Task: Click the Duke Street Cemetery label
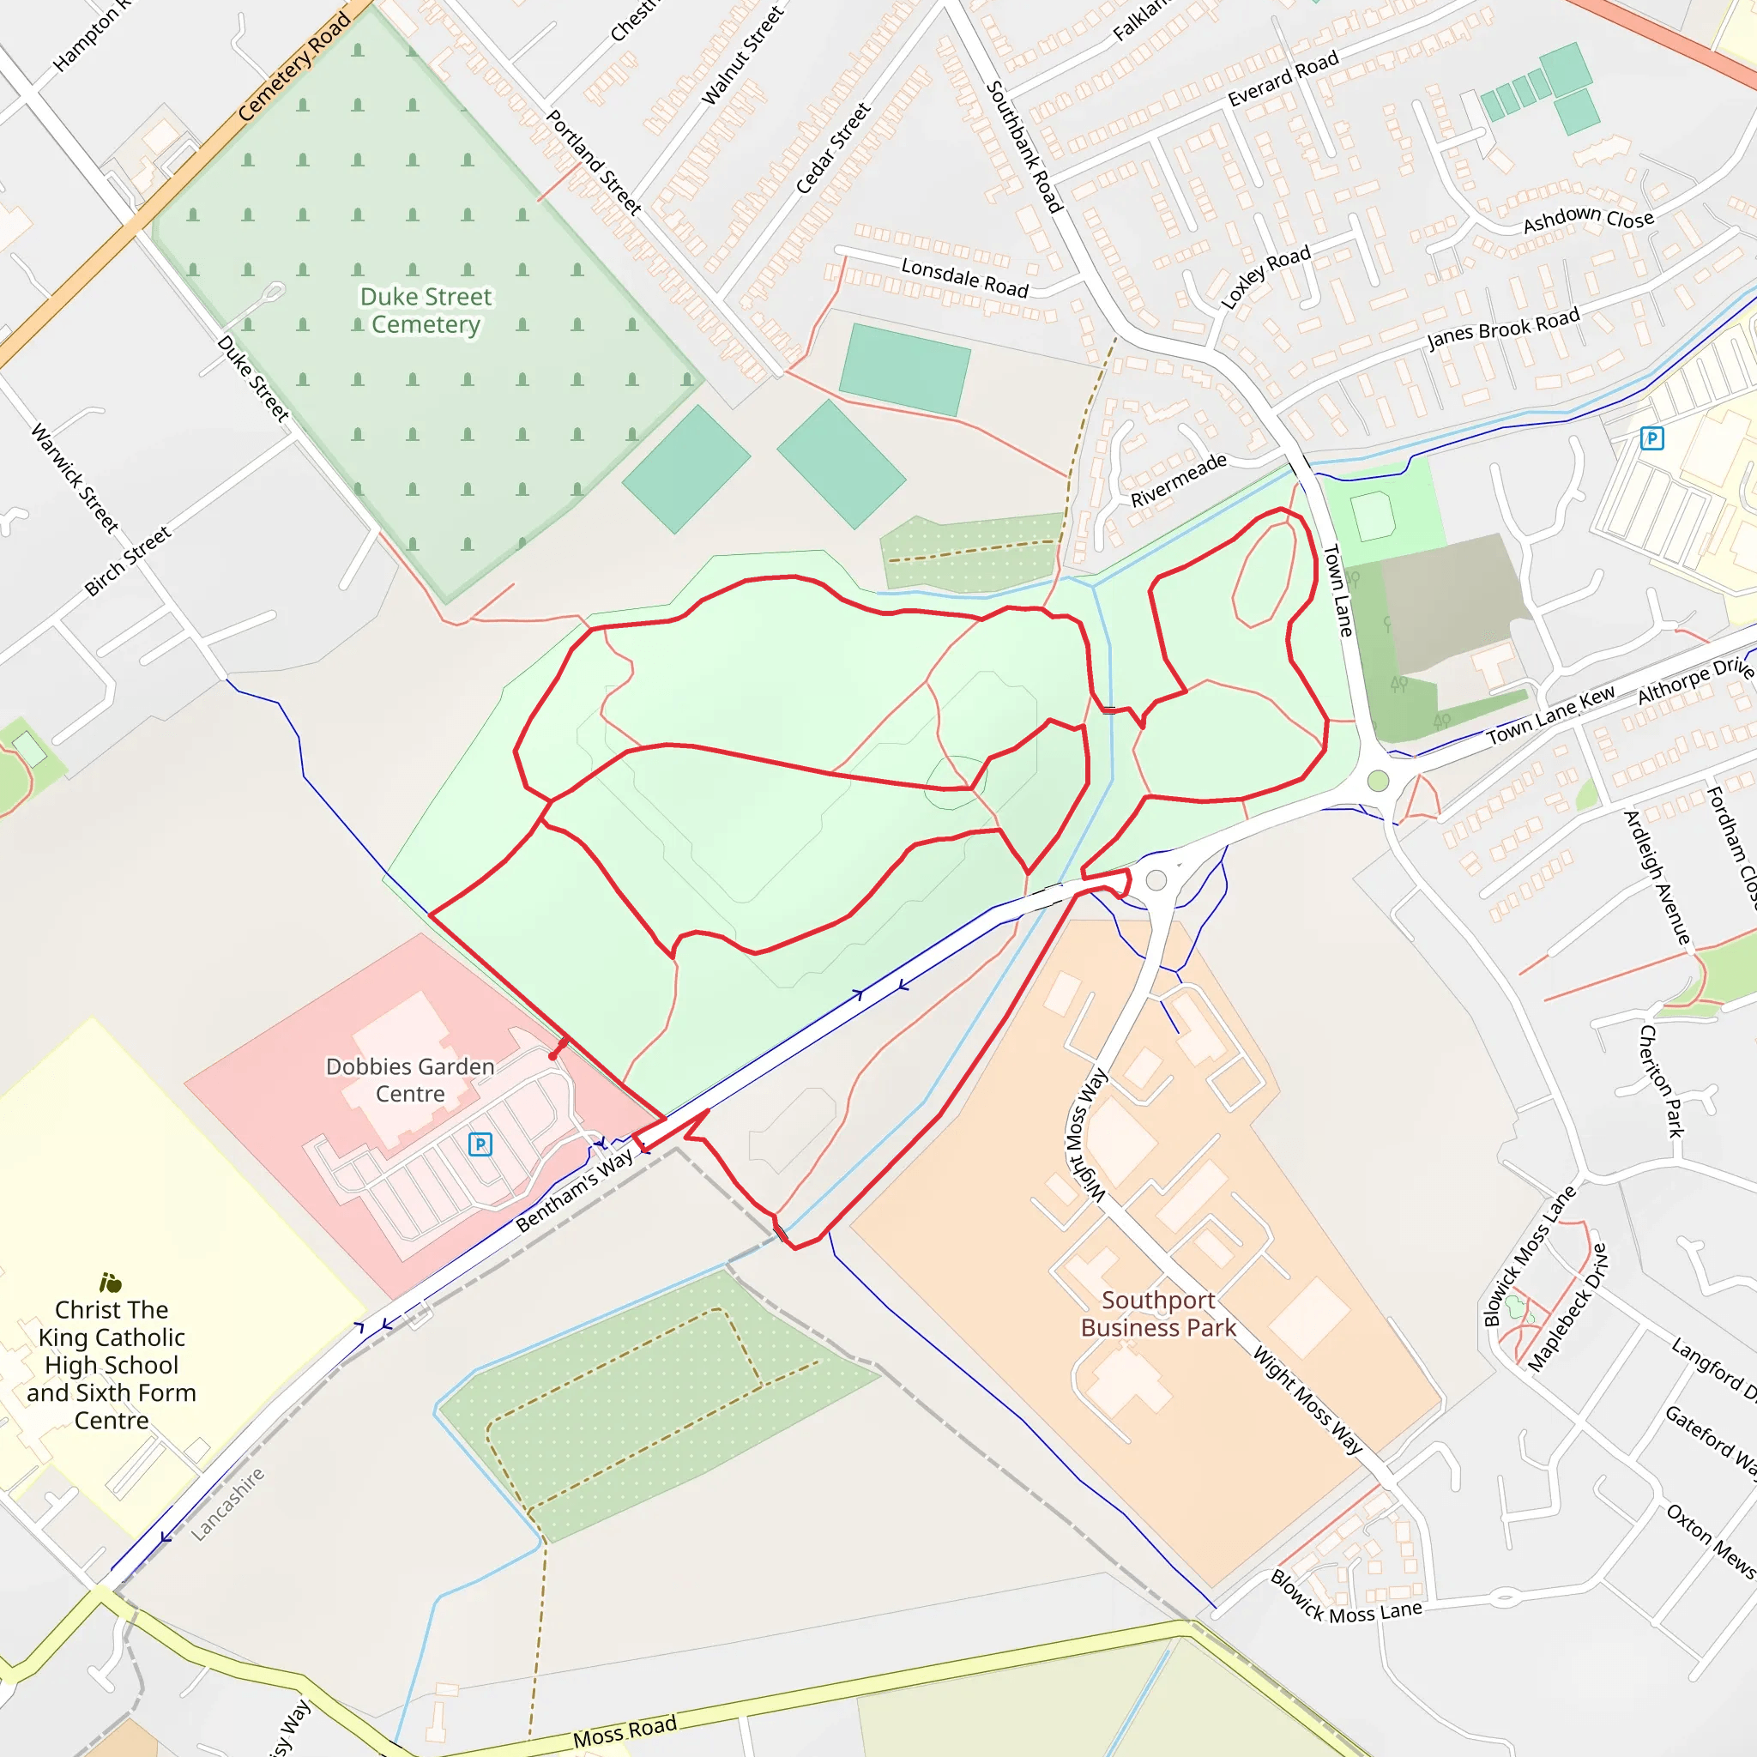tap(426, 310)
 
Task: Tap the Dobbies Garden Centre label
tap(410, 1079)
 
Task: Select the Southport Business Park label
tap(1157, 1314)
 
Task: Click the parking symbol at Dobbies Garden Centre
tap(480, 1144)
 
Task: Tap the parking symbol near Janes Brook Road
tap(1651, 438)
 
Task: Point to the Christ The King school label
tap(111, 1364)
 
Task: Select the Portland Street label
tap(594, 162)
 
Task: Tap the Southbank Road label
tap(1024, 147)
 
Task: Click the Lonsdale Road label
tap(964, 277)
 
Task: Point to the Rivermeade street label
tap(1179, 480)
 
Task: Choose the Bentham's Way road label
tap(574, 1191)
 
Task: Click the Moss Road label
tap(625, 1731)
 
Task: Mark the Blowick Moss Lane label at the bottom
tap(1345, 1610)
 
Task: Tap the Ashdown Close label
tap(1588, 218)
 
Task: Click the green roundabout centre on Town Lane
tap(1378, 782)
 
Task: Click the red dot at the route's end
tap(553, 1056)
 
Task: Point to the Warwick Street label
tap(75, 479)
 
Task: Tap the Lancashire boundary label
tap(227, 1504)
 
